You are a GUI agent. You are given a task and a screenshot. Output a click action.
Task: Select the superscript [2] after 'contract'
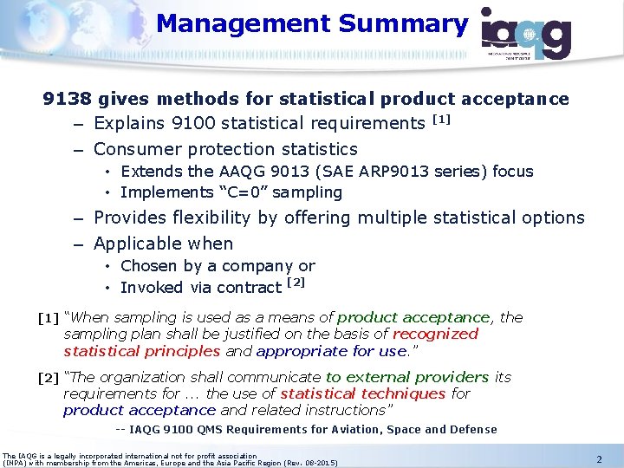pos(296,283)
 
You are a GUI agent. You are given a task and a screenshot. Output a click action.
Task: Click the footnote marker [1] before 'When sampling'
pos(49,318)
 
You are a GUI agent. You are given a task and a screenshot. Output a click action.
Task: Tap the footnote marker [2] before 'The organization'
pos(49,378)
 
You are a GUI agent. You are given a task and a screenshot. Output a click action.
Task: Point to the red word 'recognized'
pos(435,334)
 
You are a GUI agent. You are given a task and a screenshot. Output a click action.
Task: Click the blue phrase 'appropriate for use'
pos(331,351)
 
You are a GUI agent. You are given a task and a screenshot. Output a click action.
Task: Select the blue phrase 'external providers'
pos(407,377)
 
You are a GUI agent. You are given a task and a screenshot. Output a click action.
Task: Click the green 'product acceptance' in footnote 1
pos(413,317)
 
